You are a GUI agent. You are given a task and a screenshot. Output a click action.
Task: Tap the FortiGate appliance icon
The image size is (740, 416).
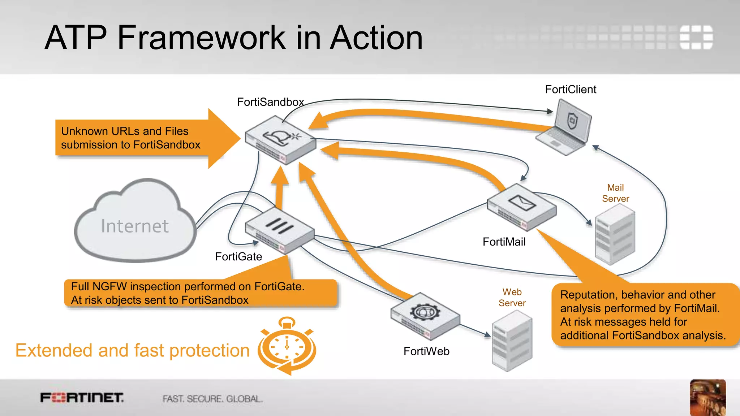(x=279, y=231)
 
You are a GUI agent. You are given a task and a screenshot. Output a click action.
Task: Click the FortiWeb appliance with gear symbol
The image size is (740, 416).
(x=425, y=316)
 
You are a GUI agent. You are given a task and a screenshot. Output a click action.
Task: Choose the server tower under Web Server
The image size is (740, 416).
(x=512, y=341)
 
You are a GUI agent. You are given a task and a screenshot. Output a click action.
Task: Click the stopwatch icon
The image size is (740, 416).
(x=287, y=347)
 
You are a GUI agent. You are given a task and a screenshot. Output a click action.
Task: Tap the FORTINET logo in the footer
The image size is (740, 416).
(x=82, y=398)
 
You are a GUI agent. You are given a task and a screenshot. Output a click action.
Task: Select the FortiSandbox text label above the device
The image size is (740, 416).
(x=270, y=102)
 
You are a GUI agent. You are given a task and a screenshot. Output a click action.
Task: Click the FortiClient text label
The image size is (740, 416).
(x=571, y=89)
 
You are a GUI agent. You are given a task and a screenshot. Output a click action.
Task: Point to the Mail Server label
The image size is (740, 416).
(x=615, y=193)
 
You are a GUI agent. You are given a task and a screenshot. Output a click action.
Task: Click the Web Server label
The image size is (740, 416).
(x=512, y=297)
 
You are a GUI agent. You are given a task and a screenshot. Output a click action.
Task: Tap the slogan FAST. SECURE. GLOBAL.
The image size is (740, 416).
(x=212, y=399)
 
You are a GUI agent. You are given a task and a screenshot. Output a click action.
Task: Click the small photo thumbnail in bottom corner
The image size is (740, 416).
(x=707, y=397)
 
